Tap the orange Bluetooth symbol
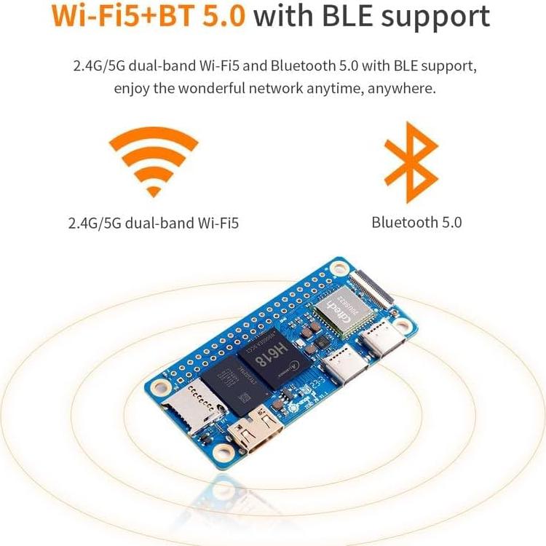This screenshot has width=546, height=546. point(411,163)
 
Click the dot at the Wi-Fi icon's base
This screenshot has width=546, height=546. point(154,191)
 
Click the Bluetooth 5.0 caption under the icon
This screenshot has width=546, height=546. point(416,223)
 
